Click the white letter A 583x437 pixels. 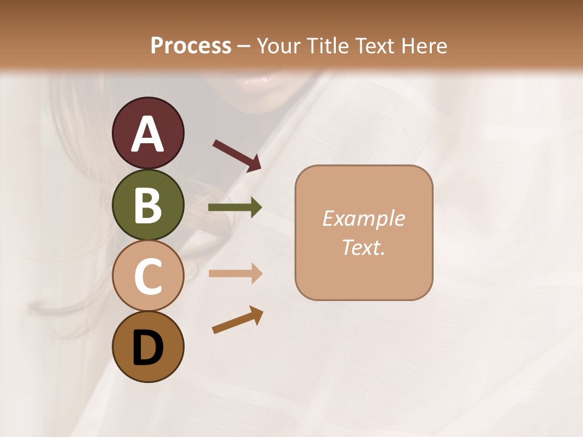[x=148, y=134]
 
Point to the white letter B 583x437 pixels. [x=148, y=206]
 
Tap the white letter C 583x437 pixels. [x=148, y=277]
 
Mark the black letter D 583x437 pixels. [x=148, y=348]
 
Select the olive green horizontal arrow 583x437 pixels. [x=235, y=208]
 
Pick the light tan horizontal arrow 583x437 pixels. [x=235, y=273]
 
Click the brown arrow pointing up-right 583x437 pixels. [x=237, y=320]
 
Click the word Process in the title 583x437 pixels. [x=191, y=46]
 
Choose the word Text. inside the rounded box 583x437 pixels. [x=363, y=248]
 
